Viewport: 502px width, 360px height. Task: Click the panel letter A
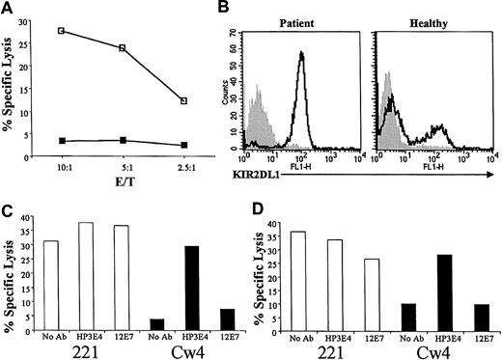pyautogui.click(x=8, y=9)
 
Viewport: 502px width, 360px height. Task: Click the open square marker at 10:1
pyautogui.click(x=62, y=31)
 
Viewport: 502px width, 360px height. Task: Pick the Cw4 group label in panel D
pyautogui.click(x=440, y=343)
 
